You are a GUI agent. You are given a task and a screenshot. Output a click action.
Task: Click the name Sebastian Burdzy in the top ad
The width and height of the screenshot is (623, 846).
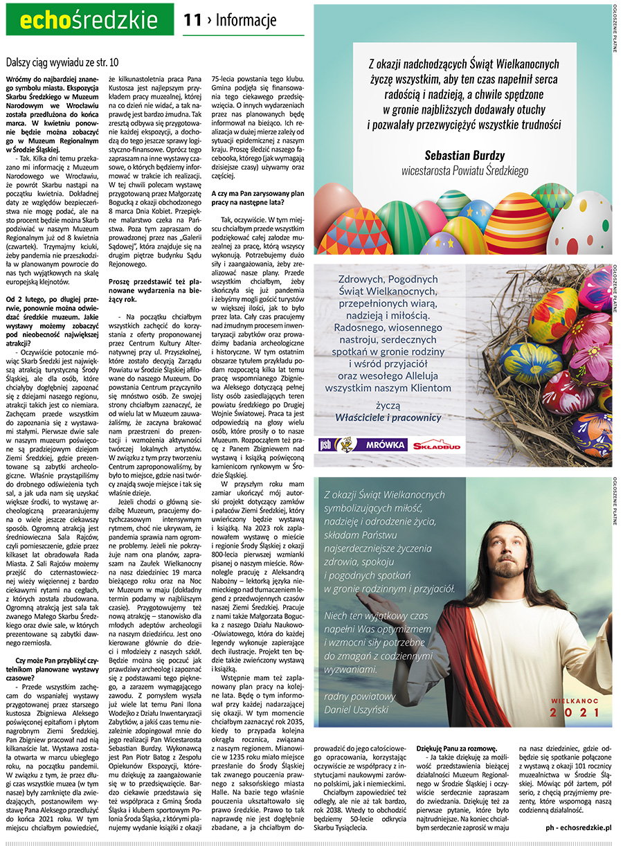[464, 155]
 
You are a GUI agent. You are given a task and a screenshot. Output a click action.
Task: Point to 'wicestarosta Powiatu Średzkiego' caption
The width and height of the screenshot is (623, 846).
[464, 170]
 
